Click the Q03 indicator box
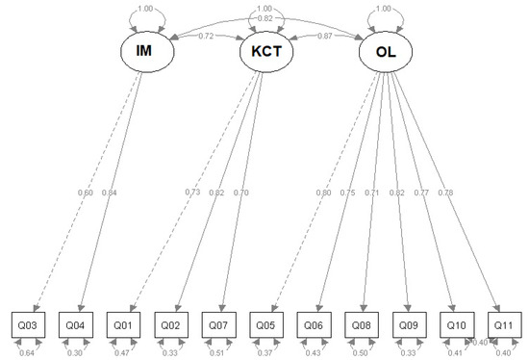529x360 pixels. (28, 324)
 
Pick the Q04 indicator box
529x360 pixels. (75, 324)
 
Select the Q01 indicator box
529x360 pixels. (122, 324)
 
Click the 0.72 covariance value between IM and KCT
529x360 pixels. (205, 37)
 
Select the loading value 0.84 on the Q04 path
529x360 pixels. (110, 193)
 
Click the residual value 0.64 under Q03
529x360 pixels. (28, 352)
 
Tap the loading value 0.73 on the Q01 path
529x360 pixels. (192, 193)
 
